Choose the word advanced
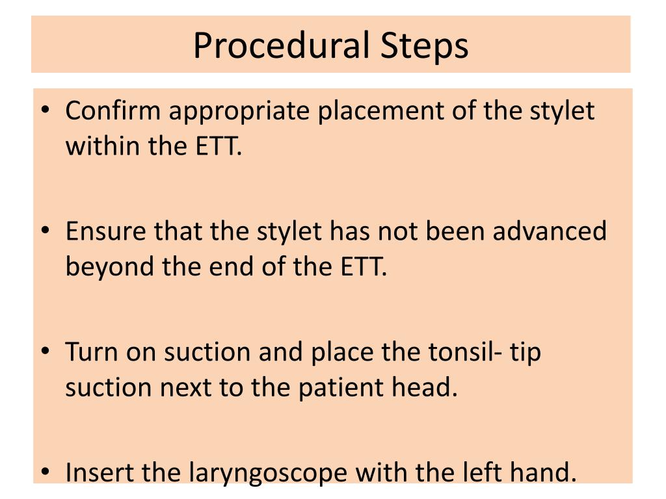pyautogui.click(x=550, y=231)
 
